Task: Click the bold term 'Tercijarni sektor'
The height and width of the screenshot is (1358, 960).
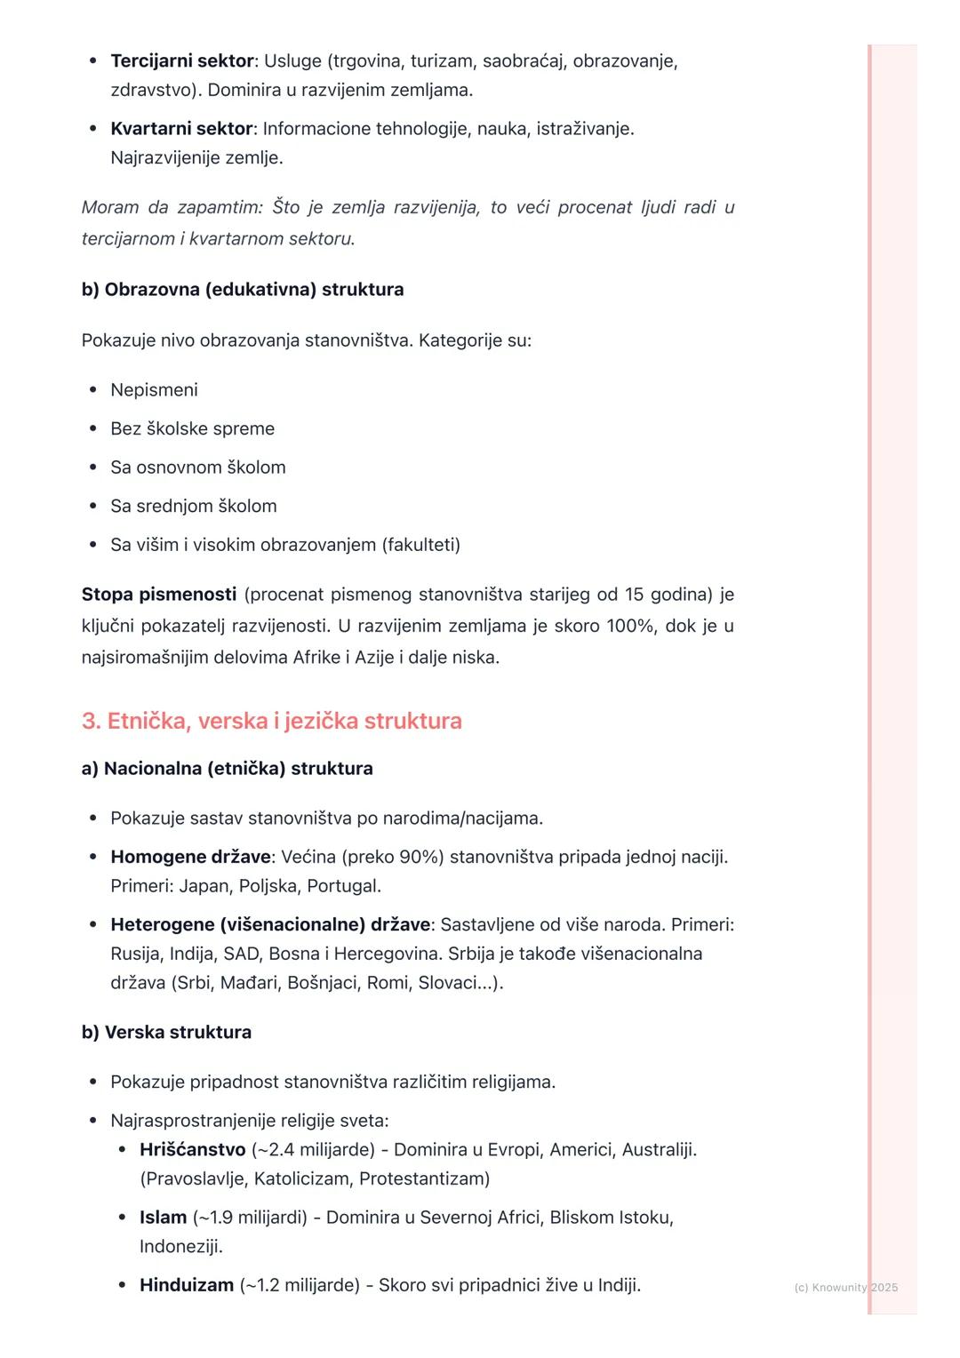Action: (182, 61)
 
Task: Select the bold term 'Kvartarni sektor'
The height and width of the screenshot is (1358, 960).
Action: (181, 129)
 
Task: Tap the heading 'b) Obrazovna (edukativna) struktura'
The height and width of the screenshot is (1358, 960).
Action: (243, 290)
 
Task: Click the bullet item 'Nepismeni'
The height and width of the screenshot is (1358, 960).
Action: (154, 390)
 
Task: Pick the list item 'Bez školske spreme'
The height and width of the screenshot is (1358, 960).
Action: (192, 428)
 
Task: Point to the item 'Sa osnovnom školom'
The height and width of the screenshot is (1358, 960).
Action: (197, 467)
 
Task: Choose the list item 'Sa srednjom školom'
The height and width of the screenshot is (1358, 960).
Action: (193, 506)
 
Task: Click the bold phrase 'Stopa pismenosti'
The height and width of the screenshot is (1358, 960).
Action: (159, 595)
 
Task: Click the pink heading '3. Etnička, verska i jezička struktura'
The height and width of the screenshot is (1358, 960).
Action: (272, 721)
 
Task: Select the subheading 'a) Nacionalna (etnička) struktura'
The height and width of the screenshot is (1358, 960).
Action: (227, 769)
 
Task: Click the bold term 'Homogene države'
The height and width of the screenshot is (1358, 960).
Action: (190, 857)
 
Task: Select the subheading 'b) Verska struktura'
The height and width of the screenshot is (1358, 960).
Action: (166, 1033)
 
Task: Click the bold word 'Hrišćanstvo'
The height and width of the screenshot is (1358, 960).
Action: (192, 1150)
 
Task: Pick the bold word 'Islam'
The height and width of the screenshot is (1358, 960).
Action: (163, 1218)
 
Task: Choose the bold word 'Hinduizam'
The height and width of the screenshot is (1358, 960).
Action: (187, 1285)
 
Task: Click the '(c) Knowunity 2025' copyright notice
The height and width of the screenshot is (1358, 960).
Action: (845, 1288)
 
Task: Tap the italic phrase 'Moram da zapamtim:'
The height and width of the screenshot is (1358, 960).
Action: (172, 208)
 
